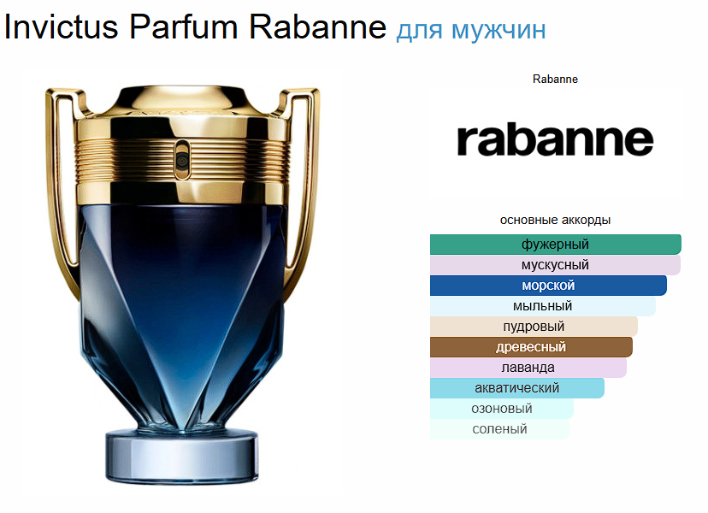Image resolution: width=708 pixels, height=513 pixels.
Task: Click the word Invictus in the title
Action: tap(62, 27)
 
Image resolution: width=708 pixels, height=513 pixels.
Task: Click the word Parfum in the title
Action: tap(184, 27)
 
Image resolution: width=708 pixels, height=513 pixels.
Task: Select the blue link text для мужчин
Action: tap(471, 31)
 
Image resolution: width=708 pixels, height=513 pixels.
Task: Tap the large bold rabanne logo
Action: tap(555, 139)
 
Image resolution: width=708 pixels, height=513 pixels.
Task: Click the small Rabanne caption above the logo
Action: tap(555, 79)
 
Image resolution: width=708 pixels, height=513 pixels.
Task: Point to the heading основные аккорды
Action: tap(555, 220)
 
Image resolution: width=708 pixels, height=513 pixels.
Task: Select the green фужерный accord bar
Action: tap(556, 245)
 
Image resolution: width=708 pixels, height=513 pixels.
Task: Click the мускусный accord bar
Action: tap(555, 265)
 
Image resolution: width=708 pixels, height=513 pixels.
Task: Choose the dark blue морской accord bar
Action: tap(548, 286)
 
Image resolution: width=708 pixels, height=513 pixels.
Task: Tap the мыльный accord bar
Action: tap(543, 306)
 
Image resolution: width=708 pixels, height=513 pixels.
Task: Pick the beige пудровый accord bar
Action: tap(534, 326)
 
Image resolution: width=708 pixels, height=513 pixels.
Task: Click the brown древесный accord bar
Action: tap(531, 347)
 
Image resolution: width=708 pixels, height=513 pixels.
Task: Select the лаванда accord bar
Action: tap(528, 367)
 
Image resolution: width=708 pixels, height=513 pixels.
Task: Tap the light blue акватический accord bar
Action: tap(517, 388)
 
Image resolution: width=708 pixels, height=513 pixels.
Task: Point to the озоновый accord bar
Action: tap(502, 408)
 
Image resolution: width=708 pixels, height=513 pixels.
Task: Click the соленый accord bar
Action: tap(499, 429)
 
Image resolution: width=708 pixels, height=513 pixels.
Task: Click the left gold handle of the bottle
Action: tap(59, 180)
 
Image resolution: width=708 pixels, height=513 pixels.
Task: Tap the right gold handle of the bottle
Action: tap(306, 180)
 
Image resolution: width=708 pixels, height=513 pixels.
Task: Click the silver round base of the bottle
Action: tap(182, 456)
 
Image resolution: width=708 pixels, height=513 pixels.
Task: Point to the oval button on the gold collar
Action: tap(181, 156)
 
